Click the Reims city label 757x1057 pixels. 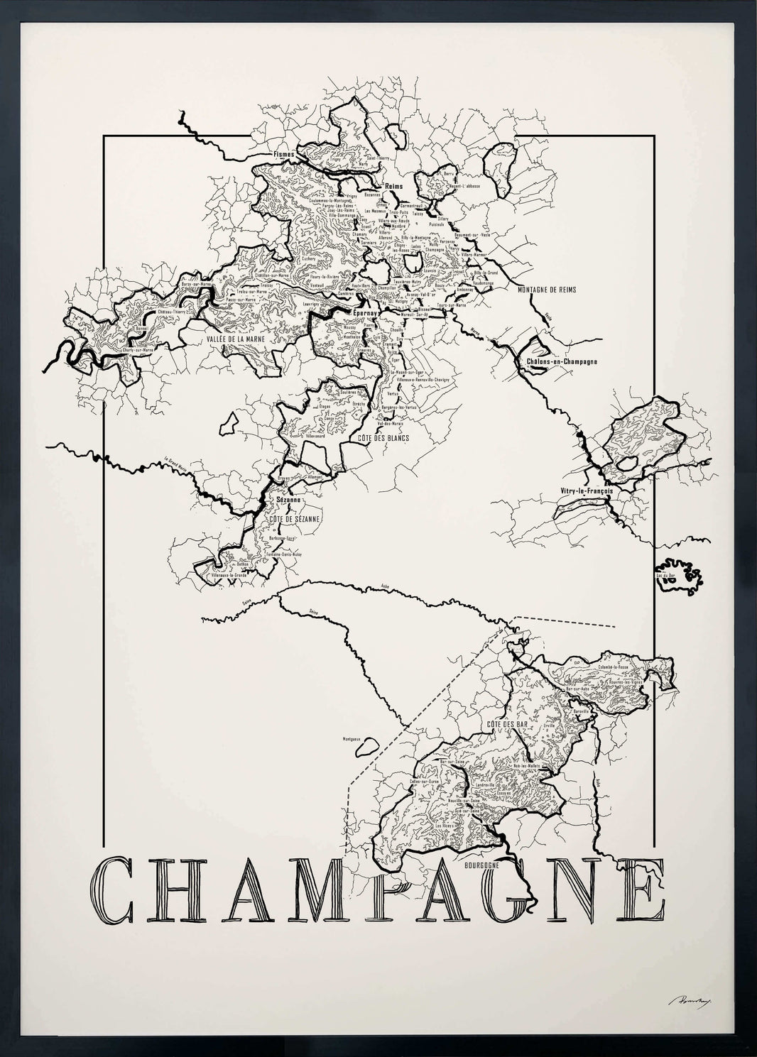coord(393,186)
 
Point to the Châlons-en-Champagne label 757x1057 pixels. coord(562,361)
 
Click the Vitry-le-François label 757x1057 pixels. coord(586,489)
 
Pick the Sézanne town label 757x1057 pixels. coord(287,500)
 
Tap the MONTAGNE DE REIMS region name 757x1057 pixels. coord(547,290)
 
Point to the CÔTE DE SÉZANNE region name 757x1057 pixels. coord(293,519)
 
